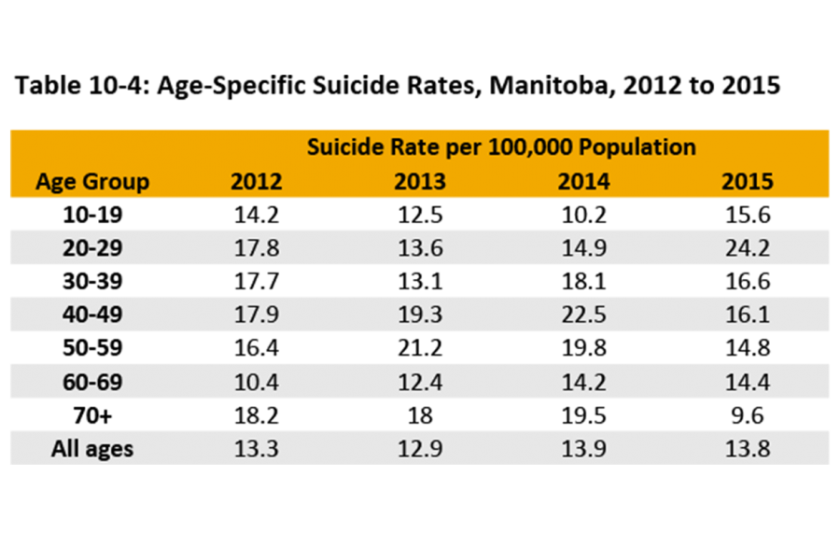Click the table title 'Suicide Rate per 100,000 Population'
pos(501,147)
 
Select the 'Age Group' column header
pos(92,181)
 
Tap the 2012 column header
pos(256,181)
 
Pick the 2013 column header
pos(420,181)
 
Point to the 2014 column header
pos(583,181)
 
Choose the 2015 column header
pos(748,181)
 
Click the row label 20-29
pos(92,248)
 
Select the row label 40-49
pos(92,315)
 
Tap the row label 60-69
pos(92,382)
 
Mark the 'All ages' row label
pos(92,449)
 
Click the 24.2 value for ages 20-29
pos(748,248)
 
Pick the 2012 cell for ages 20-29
pos(256,248)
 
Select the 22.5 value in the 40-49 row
pos(583,315)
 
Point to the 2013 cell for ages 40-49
pos(420,315)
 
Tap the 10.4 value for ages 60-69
pos(256,382)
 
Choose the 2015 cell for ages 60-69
pos(748,382)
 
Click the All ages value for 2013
pos(420,449)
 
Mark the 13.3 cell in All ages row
pos(256,449)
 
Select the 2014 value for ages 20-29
pos(583,248)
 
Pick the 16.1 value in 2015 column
pos(748,315)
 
